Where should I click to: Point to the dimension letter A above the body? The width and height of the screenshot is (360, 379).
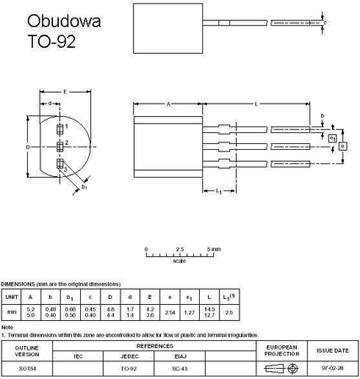[169, 104]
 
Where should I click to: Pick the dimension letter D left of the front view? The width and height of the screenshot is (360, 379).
[28, 147]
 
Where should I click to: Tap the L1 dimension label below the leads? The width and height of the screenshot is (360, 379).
[218, 193]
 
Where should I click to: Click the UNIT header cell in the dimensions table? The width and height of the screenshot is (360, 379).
[12, 296]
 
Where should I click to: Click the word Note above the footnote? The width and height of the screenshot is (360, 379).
[8, 327]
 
